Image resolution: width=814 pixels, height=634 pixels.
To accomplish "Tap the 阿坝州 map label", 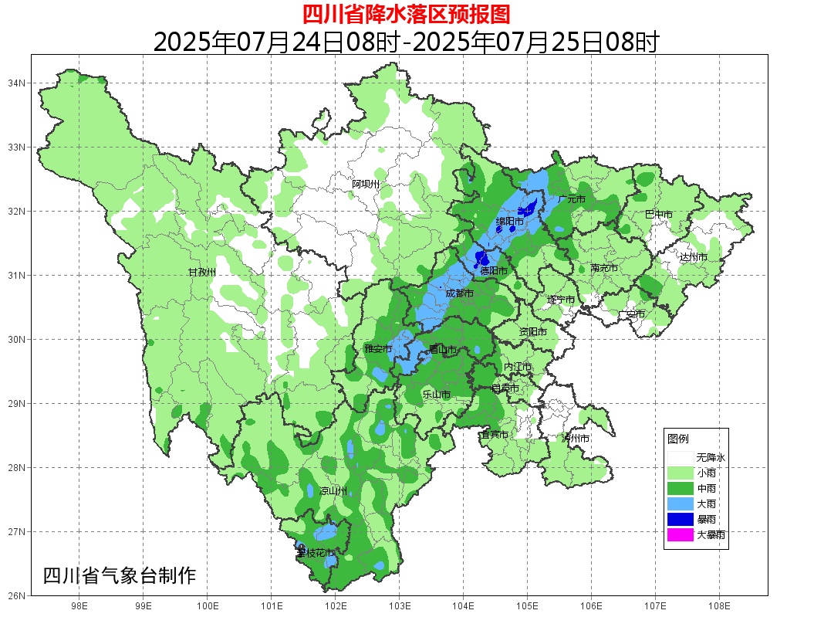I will click(x=366, y=184).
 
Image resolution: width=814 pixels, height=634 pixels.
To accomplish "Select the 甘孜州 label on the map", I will click(x=202, y=273).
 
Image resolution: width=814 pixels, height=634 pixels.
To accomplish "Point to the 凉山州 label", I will click(x=333, y=491).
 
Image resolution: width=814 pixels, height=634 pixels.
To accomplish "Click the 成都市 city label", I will click(x=458, y=293).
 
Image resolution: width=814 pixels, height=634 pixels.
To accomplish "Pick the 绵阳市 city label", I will click(x=509, y=222).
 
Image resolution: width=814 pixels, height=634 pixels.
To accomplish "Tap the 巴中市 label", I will click(x=658, y=214).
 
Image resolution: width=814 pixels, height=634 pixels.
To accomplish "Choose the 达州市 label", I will click(x=693, y=257).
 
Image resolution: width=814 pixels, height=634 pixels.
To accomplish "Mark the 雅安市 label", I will click(x=378, y=349).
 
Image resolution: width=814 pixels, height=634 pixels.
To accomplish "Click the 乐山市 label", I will click(x=436, y=395).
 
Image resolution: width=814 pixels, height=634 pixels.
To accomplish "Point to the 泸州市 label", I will click(x=576, y=439).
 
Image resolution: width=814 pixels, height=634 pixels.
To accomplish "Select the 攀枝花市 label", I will click(x=316, y=553).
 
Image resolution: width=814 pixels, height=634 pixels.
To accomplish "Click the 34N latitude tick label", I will click(x=17, y=83).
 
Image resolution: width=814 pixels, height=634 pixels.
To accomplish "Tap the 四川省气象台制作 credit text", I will click(x=120, y=575).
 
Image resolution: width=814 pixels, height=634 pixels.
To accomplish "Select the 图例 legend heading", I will click(x=678, y=439).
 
